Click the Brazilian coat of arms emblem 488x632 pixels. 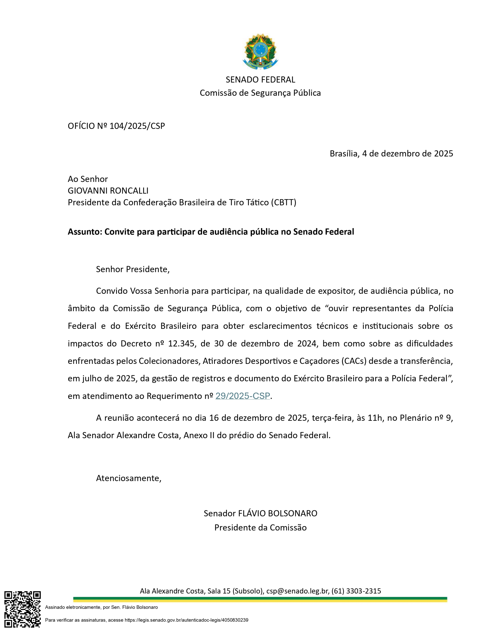coord(260,52)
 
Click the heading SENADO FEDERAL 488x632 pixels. coord(260,79)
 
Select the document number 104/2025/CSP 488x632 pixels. coord(137,126)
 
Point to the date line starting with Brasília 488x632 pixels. coord(391,153)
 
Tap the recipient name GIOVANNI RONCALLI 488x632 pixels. coord(108,191)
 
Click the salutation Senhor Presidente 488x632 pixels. coord(132,269)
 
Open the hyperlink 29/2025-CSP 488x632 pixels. coord(243,396)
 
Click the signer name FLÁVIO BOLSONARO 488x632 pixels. coord(277,513)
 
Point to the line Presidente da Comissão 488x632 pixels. coord(260,528)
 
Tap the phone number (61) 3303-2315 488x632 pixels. coord(356,591)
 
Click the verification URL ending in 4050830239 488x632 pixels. coord(193,620)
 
